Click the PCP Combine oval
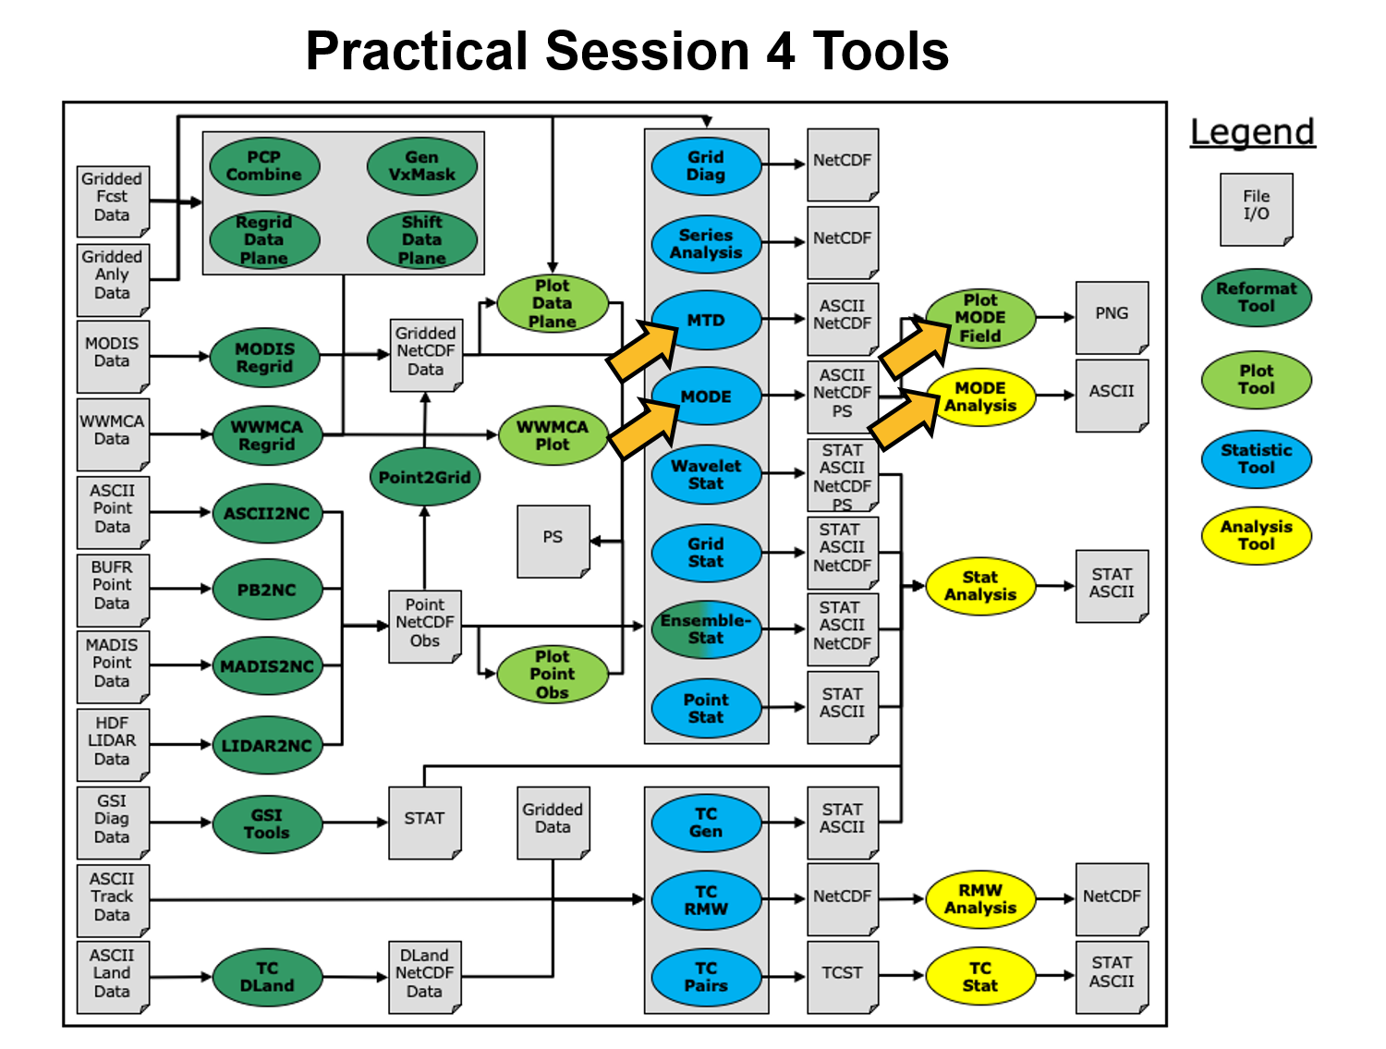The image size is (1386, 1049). (264, 166)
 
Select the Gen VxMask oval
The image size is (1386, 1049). (421, 166)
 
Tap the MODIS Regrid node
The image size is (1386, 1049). (264, 359)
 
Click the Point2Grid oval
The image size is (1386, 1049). (424, 477)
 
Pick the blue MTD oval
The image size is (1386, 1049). (706, 321)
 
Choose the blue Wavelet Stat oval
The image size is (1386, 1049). (706, 475)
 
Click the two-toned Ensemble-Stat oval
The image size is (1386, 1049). (706, 629)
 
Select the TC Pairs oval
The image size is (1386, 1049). (706, 977)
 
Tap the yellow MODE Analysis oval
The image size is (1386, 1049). (980, 397)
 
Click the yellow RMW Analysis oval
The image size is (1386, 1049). (980, 899)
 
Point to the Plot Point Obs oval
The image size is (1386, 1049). (552, 675)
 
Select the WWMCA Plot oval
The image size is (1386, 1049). (552, 436)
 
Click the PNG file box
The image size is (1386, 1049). (1112, 316)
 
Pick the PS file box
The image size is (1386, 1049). (553, 540)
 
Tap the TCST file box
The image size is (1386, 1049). (842, 976)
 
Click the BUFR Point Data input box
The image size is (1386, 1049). (112, 588)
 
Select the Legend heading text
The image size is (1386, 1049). (1252, 132)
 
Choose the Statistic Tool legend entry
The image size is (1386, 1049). (1256, 459)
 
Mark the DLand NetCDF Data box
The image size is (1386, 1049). (424, 975)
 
